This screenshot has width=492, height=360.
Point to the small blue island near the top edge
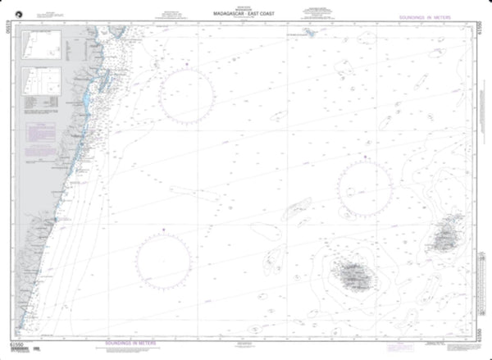312,34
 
